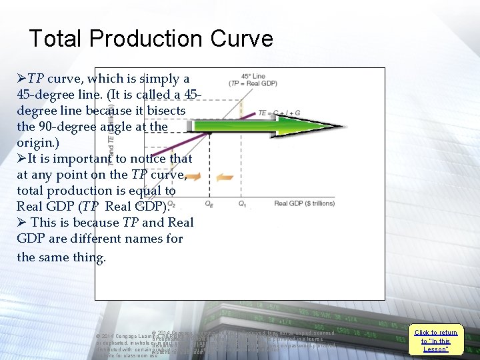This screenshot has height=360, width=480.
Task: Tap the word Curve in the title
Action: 241,38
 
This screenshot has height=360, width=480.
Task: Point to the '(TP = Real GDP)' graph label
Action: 253,83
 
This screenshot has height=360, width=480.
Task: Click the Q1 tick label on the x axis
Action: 242,203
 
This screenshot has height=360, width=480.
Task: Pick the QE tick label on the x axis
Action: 209,203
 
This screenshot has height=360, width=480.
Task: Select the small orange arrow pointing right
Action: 193,177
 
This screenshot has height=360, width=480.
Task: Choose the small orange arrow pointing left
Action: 225,177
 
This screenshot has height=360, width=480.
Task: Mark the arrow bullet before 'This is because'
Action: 21,223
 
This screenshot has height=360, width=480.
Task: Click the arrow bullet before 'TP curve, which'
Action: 21,79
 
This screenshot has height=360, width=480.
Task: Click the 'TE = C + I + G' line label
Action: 279,113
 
